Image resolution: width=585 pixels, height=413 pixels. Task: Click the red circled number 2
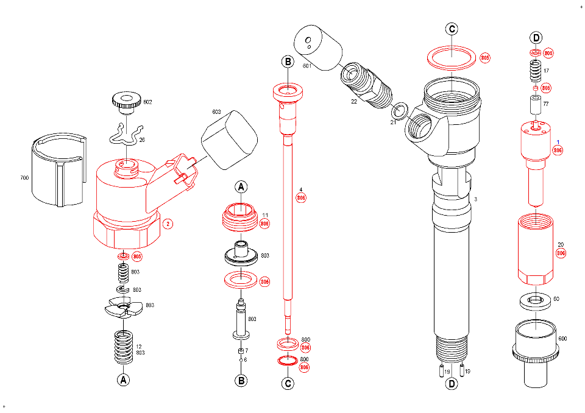tap(168, 224)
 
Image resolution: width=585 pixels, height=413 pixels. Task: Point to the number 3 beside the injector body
tap(475, 199)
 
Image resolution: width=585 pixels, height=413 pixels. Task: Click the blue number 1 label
tap(558, 142)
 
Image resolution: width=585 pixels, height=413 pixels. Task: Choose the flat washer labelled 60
tap(536, 300)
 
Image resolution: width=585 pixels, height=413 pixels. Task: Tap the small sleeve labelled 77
tap(536, 106)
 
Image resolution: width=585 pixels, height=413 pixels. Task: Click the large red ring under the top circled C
tap(452, 58)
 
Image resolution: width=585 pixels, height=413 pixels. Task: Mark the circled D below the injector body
tap(452, 384)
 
